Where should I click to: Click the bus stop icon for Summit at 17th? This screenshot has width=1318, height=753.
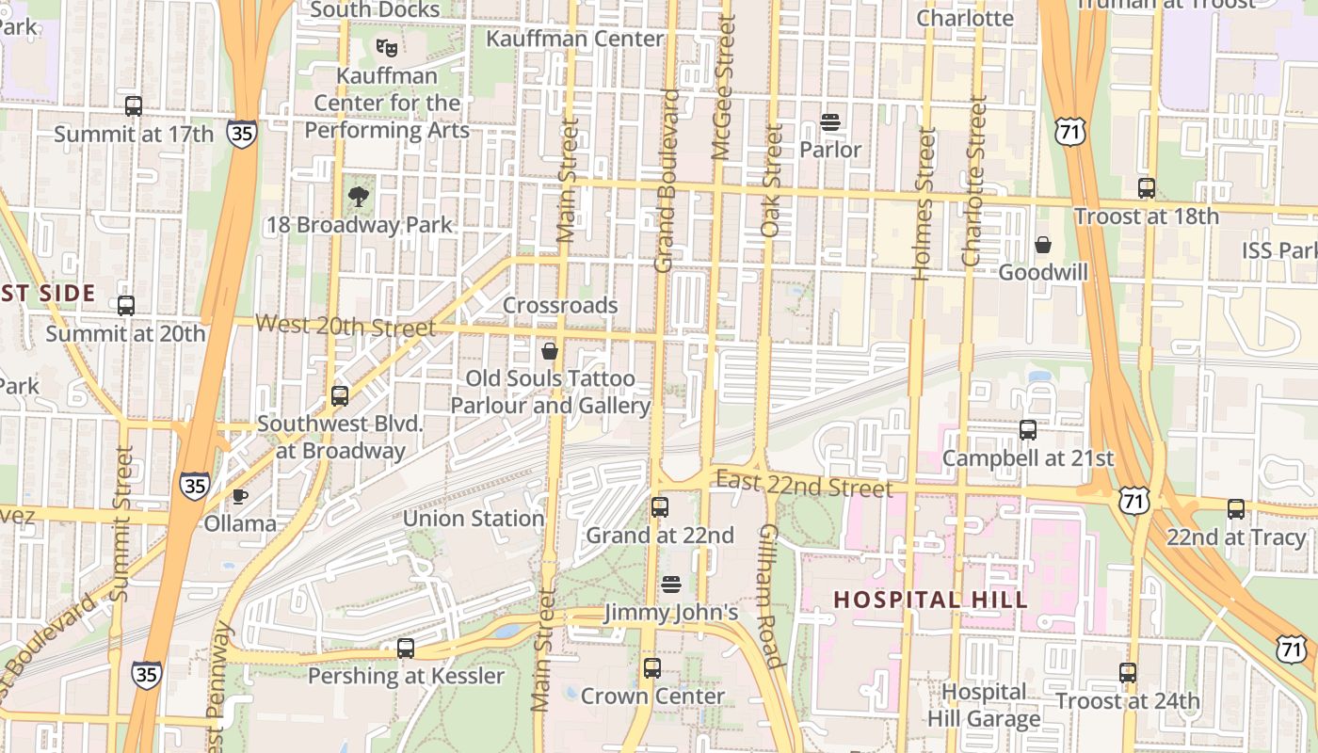tap(134, 106)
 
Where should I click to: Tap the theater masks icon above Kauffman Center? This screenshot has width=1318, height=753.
tap(385, 47)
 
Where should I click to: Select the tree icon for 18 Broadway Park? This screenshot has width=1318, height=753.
tap(358, 197)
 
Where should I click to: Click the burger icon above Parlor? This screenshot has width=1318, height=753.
tap(829, 121)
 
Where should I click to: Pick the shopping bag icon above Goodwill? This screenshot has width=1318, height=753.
tap(1043, 245)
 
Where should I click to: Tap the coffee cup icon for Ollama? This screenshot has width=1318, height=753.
tap(240, 496)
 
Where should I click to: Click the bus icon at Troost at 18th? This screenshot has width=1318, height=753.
tap(1146, 188)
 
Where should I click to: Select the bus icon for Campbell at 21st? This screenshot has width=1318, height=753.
tap(1028, 430)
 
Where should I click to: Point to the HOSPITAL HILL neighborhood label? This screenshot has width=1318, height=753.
tap(930, 600)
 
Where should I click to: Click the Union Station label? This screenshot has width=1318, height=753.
tap(474, 519)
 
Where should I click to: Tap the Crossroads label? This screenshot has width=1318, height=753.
tap(560, 306)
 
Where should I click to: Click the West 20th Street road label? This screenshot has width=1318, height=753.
tap(345, 326)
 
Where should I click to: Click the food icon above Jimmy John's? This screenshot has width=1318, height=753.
tap(670, 585)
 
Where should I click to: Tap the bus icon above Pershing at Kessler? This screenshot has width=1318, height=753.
tap(406, 648)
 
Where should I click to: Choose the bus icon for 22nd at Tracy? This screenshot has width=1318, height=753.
tap(1236, 509)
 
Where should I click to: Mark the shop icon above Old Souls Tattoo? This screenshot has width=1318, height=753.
tap(550, 351)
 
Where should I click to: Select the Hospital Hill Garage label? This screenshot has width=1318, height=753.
tap(984, 706)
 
